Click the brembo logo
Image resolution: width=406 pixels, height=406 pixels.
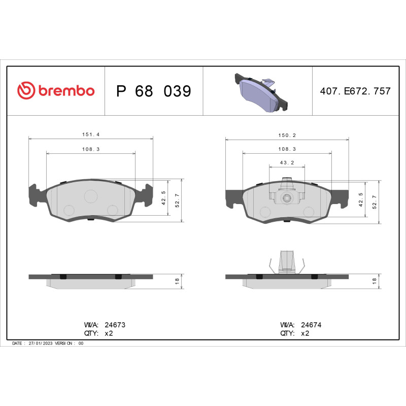[56, 91]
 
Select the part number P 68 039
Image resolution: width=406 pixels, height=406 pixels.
[153, 91]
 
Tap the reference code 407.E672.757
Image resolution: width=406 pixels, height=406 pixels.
[355, 91]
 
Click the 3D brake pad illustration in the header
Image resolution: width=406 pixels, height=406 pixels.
[261, 92]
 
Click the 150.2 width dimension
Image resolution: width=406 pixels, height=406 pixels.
[287, 135]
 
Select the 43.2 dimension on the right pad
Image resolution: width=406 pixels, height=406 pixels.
[287, 162]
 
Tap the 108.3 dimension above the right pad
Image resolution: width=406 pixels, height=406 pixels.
[287, 149]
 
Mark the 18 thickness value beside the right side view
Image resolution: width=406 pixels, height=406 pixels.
[375, 281]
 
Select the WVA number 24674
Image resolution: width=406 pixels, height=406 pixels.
[312, 324]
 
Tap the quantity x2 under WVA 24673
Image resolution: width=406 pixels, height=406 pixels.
[108, 333]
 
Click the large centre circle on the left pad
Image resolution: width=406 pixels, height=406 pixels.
[91, 196]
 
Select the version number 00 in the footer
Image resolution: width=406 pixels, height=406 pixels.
[81, 344]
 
